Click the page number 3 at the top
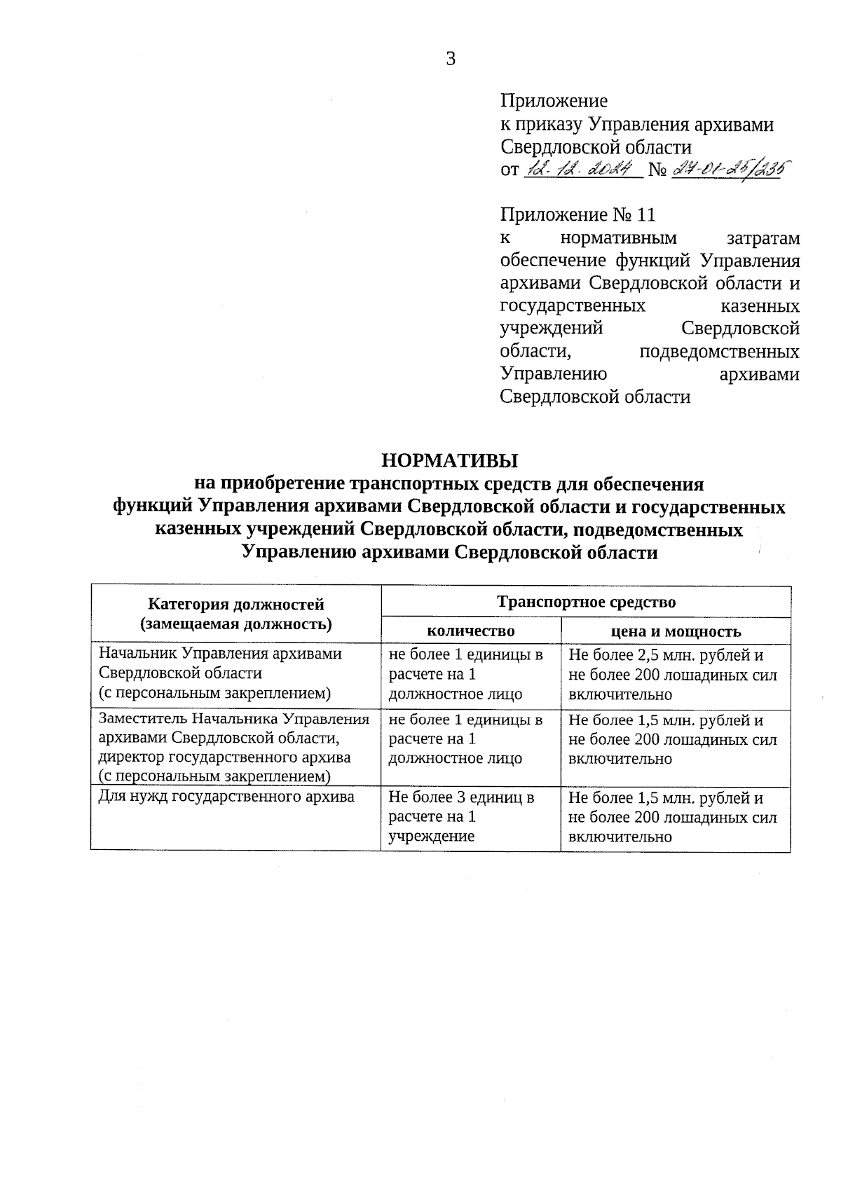[451, 60]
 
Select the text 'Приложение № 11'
[577, 214]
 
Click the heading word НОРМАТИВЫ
[449, 460]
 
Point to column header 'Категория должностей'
[236, 603]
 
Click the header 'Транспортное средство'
[586, 602]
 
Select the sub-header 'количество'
[470, 631]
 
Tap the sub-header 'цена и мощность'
[676, 631]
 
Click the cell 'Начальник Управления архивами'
[220, 654]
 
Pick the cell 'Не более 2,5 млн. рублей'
[666, 656]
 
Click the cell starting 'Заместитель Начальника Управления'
[234, 719]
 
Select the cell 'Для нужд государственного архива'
[226, 797]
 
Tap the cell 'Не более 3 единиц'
[461, 797]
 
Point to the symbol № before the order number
[657, 170]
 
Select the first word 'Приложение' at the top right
[554, 101]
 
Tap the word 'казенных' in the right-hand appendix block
[760, 306]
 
